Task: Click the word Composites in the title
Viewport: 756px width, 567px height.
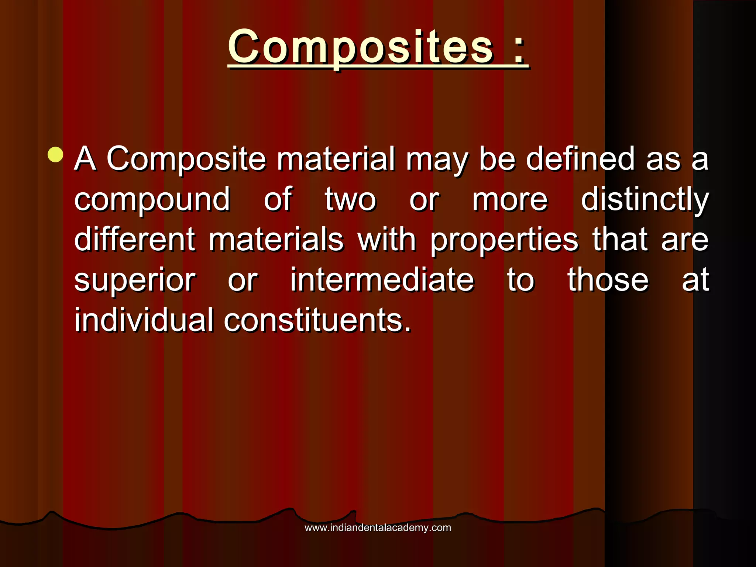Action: pos(360,47)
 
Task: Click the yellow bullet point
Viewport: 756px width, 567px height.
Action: pos(55,155)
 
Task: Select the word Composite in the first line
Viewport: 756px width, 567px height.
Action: pos(186,159)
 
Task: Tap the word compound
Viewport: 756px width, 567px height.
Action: pos(152,200)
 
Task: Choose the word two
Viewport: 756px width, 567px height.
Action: pos(350,200)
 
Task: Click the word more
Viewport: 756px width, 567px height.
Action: pos(510,200)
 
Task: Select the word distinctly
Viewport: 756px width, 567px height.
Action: pos(645,200)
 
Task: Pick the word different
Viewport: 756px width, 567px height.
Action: pos(135,240)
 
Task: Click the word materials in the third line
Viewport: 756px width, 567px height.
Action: pos(276,240)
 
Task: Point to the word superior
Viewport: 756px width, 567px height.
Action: pos(135,281)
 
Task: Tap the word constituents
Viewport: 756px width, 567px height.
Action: pos(317,320)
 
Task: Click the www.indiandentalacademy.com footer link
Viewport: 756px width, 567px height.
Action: pos(378,528)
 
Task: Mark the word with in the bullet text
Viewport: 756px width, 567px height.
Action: pos(387,240)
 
